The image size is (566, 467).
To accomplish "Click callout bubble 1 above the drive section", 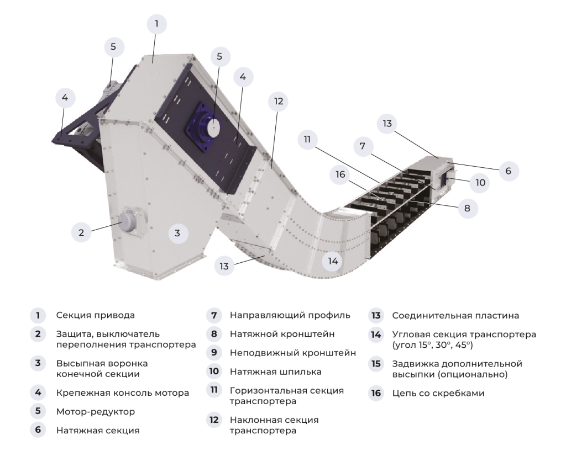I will click(x=156, y=24).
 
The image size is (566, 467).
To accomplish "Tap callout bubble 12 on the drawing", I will click(x=278, y=102).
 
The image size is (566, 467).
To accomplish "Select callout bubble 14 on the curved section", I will click(x=332, y=261).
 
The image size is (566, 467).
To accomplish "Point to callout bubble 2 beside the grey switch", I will click(x=81, y=232).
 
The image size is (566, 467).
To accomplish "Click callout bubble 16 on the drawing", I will click(x=340, y=175).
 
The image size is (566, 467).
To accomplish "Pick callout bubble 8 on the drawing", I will click(x=467, y=209).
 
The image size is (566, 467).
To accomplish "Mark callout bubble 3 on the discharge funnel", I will click(x=177, y=233).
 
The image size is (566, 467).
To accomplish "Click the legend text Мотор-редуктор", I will click(x=95, y=412).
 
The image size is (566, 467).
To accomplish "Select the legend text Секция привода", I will click(x=95, y=316).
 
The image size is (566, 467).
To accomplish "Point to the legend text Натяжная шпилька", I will click(x=275, y=372).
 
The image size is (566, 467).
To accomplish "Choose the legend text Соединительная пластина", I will click(x=455, y=316).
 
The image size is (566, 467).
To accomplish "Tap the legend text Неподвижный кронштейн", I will click(x=292, y=353).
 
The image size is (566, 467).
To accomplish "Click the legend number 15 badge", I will click(x=376, y=364).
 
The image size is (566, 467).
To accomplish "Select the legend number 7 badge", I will click(x=213, y=316).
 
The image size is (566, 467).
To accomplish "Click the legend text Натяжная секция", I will click(x=97, y=431).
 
